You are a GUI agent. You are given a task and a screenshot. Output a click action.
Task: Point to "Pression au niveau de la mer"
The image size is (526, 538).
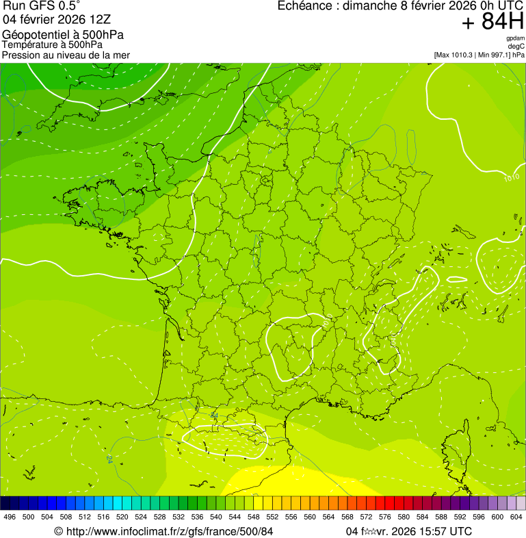click(66, 55)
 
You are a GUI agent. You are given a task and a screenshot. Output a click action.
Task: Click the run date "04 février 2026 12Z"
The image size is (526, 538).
click(57, 20)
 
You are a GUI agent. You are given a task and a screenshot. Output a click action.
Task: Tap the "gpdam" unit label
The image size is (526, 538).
click(516, 38)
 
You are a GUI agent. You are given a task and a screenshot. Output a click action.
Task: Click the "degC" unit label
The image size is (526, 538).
click(517, 47)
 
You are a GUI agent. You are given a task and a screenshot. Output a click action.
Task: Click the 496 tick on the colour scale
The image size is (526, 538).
click(10, 517)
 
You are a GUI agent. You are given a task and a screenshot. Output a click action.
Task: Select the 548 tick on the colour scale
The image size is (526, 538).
click(253, 517)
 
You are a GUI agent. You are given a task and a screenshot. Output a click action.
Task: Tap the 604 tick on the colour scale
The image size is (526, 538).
click(516, 517)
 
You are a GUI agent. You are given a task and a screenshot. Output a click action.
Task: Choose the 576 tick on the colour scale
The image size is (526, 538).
click(384, 517)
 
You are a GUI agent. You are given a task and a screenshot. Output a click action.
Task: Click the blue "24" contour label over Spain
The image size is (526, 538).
click(110, 457)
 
